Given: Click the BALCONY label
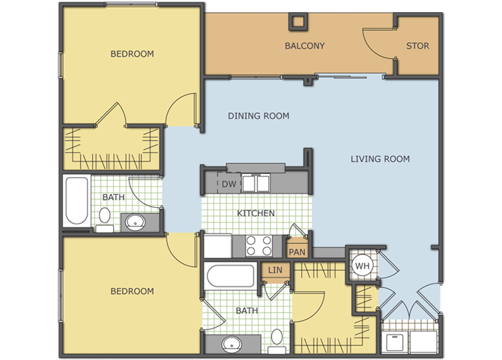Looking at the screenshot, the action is tap(304, 46).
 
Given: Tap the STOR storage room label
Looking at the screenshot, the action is tap(417, 46).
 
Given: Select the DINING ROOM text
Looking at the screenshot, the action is tap(258, 115).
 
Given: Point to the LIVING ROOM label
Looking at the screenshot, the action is tap(380, 159).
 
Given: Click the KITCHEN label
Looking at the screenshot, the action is tap(255, 213).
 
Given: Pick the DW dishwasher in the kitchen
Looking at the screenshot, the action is tap(229, 183).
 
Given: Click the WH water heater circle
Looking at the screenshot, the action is tap(363, 265).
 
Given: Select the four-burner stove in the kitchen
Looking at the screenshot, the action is tap(258, 245).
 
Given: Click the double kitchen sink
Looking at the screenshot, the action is tap(255, 183).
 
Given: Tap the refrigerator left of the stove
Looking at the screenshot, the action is tap(218, 246).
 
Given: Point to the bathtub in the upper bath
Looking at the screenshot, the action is tap(77, 201).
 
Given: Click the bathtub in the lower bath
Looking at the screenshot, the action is tap(231, 276).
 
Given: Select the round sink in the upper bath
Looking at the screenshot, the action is tap(135, 221).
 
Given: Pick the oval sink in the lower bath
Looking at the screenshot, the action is tap(232, 344).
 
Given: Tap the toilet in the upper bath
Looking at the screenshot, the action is tap(105, 219).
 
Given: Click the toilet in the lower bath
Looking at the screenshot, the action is tap(276, 341).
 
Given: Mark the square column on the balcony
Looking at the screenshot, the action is tap(298, 22).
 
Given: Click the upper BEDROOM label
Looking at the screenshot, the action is tap(132, 54).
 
